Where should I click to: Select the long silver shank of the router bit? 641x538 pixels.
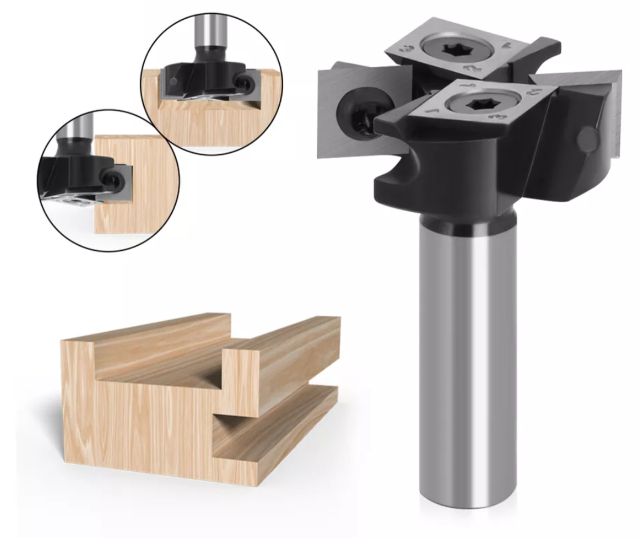coord(467,360)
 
